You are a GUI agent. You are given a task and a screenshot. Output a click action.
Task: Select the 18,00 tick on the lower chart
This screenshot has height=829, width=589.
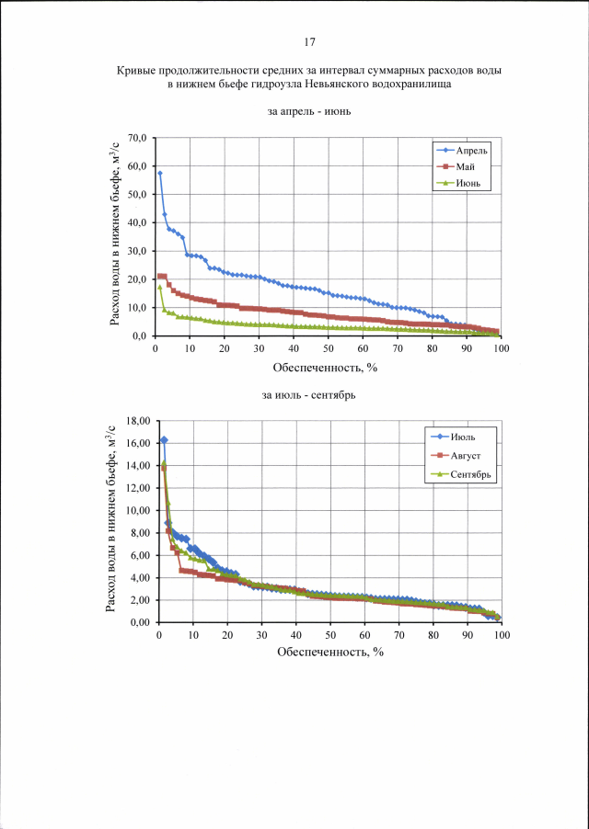coord(136,421)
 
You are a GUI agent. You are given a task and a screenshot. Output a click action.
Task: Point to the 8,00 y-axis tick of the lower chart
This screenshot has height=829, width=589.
coord(139,533)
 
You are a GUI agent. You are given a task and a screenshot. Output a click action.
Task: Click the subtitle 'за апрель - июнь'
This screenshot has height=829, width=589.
coord(309,112)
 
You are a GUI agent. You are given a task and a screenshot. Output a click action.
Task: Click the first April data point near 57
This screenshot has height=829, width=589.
coord(160,173)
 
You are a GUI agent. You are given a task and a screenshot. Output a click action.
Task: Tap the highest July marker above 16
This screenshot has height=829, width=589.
coord(164,440)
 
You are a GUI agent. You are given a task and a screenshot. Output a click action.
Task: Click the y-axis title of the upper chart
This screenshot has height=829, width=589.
coord(115,237)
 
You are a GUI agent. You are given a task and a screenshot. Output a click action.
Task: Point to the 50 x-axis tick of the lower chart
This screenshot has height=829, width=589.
coord(330,636)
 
